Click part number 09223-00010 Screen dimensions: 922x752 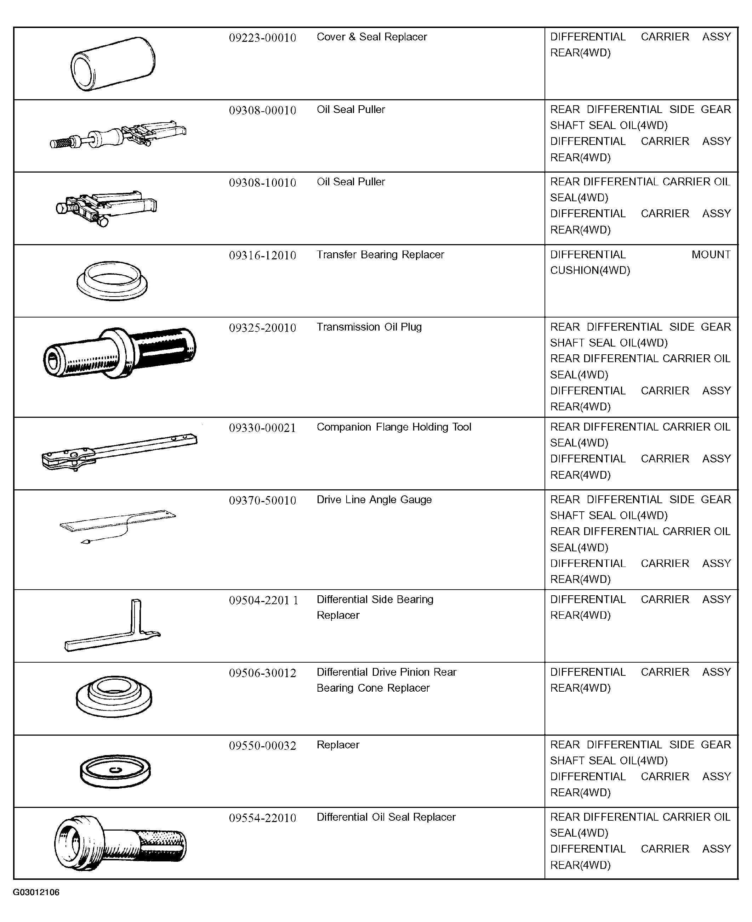[262, 38]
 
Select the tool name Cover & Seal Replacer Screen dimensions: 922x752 [372, 37]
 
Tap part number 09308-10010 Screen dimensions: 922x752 [262, 182]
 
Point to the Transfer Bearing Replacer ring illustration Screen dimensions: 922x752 [112, 280]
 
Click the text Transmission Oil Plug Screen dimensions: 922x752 [369, 327]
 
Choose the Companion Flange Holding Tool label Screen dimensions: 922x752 [394, 427]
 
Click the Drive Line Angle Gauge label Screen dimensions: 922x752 [374, 499]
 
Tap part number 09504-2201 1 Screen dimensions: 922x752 [263, 600]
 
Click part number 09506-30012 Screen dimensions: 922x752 [262, 673]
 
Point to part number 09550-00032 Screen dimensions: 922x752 [262, 746]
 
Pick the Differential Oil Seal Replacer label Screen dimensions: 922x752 [386, 817]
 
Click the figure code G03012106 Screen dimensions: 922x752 [36, 892]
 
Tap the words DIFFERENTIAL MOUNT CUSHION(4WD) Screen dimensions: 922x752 [640, 262]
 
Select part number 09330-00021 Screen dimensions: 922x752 [262, 428]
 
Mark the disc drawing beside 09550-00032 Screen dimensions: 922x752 [115, 772]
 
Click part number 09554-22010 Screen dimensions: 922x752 [262, 818]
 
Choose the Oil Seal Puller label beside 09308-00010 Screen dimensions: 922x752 [351, 109]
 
